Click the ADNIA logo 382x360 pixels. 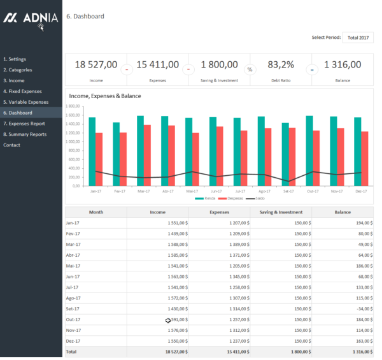click(x=31, y=18)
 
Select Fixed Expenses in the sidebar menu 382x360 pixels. click(x=22, y=91)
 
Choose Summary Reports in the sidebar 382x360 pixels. click(x=25, y=134)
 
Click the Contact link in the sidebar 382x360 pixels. click(x=11, y=145)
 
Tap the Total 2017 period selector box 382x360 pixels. click(x=358, y=38)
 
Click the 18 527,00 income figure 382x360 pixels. click(x=95, y=64)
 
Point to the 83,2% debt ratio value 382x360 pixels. click(x=281, y=64)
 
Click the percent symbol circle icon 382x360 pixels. click(x=250, y=69)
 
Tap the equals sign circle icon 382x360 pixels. click(x=312, y=69)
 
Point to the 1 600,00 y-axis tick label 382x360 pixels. click(x=73, y=115)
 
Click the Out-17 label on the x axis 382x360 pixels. click(x=313, y=191)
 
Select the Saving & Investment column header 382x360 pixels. click(x=281, y=212)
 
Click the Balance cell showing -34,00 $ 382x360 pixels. click(x=363, y=308)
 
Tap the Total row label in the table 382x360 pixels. click(x=71, y=351)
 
